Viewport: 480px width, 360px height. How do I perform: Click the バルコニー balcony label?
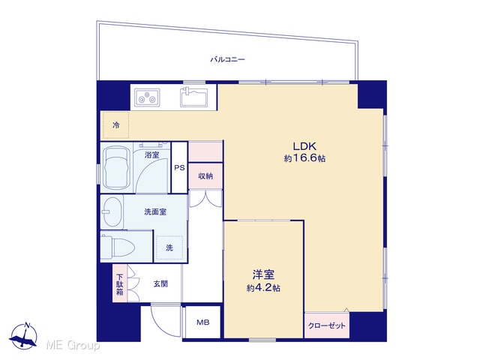(x=227, y=59)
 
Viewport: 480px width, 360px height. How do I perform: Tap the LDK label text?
(x=304, y=146)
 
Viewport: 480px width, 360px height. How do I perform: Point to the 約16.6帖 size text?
(x=304, y=158)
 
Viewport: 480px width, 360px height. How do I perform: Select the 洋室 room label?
(x=263, y=274)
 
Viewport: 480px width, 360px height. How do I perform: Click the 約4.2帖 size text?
(x=263, y=288)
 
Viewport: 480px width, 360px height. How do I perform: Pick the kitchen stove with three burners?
(x=148, y=97)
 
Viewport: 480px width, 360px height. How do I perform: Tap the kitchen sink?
(x=193, y=97)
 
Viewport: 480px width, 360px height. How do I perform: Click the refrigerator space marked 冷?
(x=115, y=125)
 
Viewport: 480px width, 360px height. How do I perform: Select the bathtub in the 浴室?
(x=116, y=169)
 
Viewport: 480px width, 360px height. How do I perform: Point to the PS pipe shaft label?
(x=179, y=168)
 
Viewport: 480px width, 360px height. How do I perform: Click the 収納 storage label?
(x=205, y=176)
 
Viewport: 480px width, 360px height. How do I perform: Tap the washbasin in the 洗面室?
(x=112, y=211)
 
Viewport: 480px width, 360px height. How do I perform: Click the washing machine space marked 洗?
(x=169, y=248)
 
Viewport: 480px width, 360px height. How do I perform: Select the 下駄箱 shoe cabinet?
(x=120, y=283)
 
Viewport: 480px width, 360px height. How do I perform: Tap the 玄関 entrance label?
(x=160, y=284)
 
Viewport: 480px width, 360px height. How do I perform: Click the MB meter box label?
(x=203, y=322)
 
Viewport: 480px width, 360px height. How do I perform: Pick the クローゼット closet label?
(x=327, y=325)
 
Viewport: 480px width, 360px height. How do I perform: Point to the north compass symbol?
(x=23, y=335)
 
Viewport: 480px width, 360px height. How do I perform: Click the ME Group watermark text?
(x=73, y=346)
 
